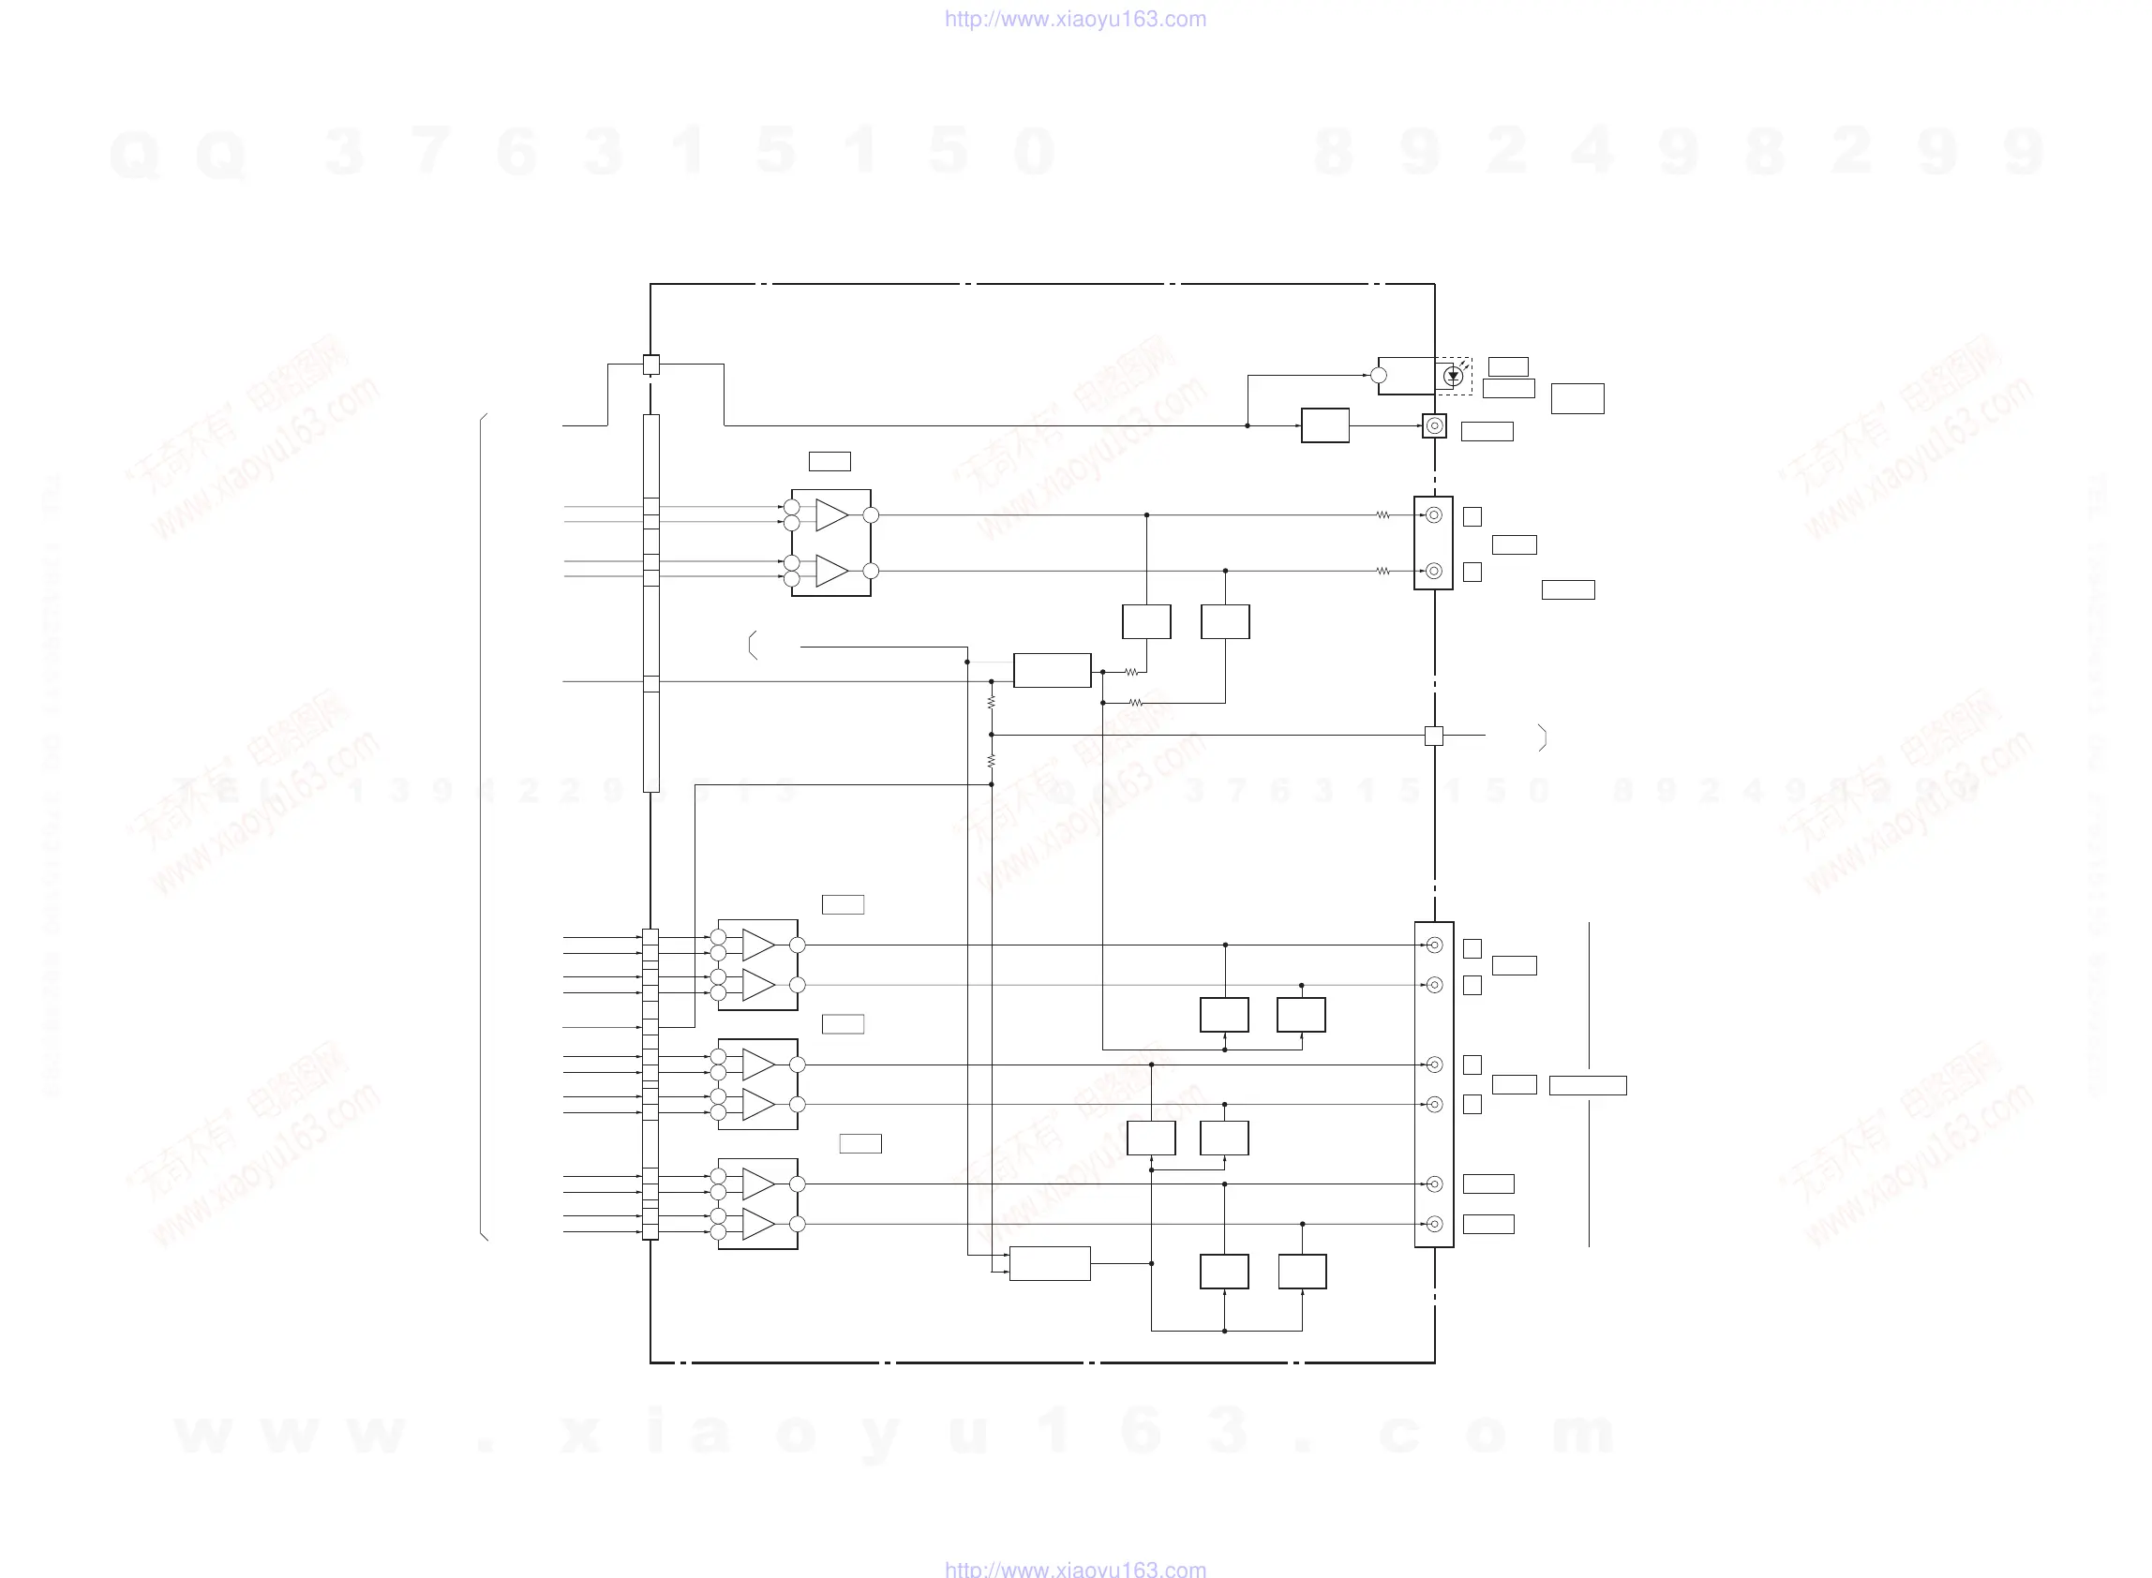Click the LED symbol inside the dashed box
pos(1453,377)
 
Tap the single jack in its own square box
pos(1434,426)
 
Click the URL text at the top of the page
pos(1074,19)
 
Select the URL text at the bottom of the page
pos(1074,1569)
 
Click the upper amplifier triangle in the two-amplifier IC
pos(831,514)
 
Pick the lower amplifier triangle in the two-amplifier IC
pos(831,572)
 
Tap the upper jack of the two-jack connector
pos(1434,514)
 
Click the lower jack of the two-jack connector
pos(1434,572)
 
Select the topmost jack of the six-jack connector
pos(1434,945)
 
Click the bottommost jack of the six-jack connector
pos(1434,1224)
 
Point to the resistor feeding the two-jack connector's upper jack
pos(1382,514)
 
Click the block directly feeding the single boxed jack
pos(1324,426)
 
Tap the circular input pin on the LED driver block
pos(1379,376)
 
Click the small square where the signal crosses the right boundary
pos(1434,736)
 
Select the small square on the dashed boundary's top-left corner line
pos(650,365)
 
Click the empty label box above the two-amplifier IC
pos(829,461)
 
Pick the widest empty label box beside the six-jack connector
pos(1588,1085)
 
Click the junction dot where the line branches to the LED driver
pos(1248,426)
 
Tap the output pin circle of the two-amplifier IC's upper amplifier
pos(870,514)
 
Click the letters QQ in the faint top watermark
pos(178,153)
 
